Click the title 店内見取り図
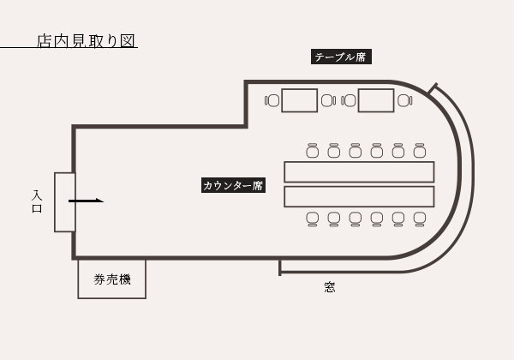[87, 40]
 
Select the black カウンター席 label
[233, 184]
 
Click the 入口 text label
[37, 201]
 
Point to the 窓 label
[330, 287]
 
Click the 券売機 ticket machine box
[111, 279]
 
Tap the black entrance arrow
[86, 201]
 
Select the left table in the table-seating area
[299, 100]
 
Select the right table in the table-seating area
[376, 100]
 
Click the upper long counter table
[359, 171]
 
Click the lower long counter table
[359, 197]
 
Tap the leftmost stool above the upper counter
[312, 151]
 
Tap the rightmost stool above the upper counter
[419, 151]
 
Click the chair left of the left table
[272, 100]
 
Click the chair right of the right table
[404, 100]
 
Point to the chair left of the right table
[350, 100]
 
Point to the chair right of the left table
[327, 100]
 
